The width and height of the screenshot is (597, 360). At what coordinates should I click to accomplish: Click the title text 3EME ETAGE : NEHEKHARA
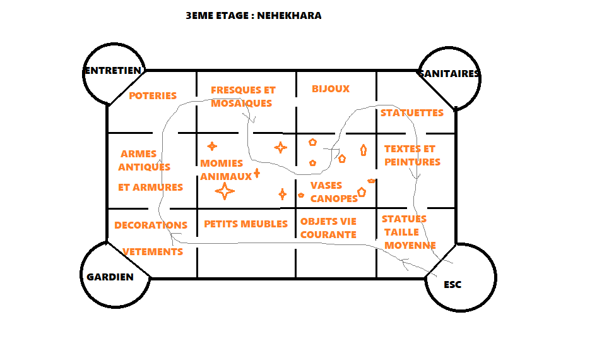(254, 16)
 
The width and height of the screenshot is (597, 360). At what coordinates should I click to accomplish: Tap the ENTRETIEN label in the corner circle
(113, 71)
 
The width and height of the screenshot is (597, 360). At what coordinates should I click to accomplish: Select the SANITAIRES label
(449, 73)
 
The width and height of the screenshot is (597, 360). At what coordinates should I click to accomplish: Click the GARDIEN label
(110, 277)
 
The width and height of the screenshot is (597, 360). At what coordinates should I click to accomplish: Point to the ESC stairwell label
(452, 285)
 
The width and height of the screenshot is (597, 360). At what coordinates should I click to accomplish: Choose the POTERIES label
(153, 95)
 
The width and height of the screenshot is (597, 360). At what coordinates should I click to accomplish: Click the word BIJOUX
(331, 89)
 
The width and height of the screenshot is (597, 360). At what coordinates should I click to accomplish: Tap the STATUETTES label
(412, 113)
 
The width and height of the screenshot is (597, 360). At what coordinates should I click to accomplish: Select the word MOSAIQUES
(242, 103)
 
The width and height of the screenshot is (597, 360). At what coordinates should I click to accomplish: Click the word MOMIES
(222, 163)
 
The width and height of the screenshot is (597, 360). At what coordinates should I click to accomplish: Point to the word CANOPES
(334, 198)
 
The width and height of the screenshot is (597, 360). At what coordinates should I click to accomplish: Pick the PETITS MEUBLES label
(246, 224)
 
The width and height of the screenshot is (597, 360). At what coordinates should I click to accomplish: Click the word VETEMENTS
(153, 252)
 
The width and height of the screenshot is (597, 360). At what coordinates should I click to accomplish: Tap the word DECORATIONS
(151, 225)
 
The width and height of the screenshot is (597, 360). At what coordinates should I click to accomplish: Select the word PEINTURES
(412, 162)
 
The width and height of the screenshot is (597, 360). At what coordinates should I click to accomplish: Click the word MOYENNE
(410, 245)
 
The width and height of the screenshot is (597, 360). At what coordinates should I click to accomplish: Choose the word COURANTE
(328, 235)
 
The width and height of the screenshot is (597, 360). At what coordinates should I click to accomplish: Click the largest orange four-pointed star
(225, 191)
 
